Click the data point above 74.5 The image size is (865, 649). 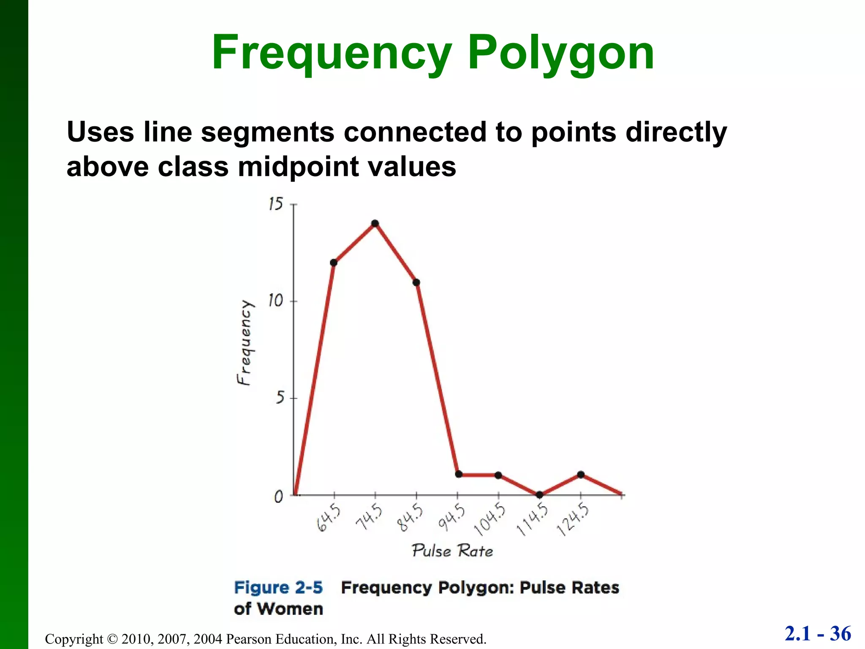pos(375,224)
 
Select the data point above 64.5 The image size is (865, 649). pos(334,263)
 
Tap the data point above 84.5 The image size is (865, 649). pos(416,282)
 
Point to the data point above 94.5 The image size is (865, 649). pos(459,474)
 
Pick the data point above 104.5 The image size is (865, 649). pos(498,475)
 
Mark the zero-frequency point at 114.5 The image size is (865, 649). pos(539,495)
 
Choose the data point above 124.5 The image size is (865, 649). pos(581,474)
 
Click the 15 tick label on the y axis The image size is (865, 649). pos(275,205)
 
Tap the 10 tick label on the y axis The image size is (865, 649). pos(275,301)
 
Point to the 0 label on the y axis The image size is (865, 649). pos(279,496)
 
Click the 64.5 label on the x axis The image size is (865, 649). pos(329,517)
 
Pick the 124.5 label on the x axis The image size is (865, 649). pos(573,520)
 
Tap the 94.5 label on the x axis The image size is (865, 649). pos(452,517)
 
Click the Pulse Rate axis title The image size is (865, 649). pos(452,551)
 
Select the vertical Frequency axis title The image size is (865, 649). pos(244,343)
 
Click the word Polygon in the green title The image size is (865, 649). pos(561,53)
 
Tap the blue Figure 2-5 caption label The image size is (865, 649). pos(278,588)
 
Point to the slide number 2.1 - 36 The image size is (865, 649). pos(818,634)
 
